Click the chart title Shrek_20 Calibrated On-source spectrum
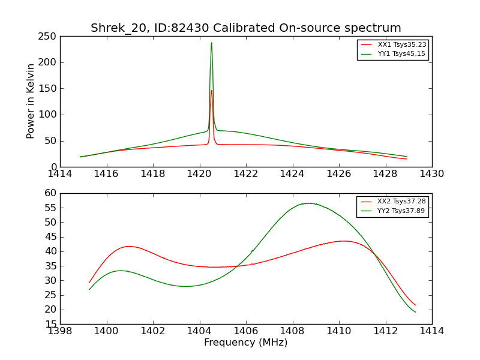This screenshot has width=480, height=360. point(245,28)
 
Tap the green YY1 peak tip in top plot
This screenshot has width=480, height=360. point(211,43)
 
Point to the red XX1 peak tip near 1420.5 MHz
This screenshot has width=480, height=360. point(211,91)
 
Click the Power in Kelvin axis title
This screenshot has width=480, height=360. point(31,101)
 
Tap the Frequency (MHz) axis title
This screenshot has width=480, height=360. point(245,343)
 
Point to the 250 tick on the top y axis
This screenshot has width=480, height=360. point(48,37)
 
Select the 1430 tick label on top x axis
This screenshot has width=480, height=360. point(431,174)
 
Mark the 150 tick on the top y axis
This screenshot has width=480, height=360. point(48,89)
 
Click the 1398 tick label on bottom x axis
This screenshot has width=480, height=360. point(60,331)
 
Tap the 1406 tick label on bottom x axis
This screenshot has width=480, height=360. point(246,331)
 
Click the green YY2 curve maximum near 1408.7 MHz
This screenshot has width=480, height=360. point(308,203)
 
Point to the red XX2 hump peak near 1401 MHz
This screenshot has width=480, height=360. point(129,246)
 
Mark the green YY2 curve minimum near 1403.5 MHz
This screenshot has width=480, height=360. point(187,286)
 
